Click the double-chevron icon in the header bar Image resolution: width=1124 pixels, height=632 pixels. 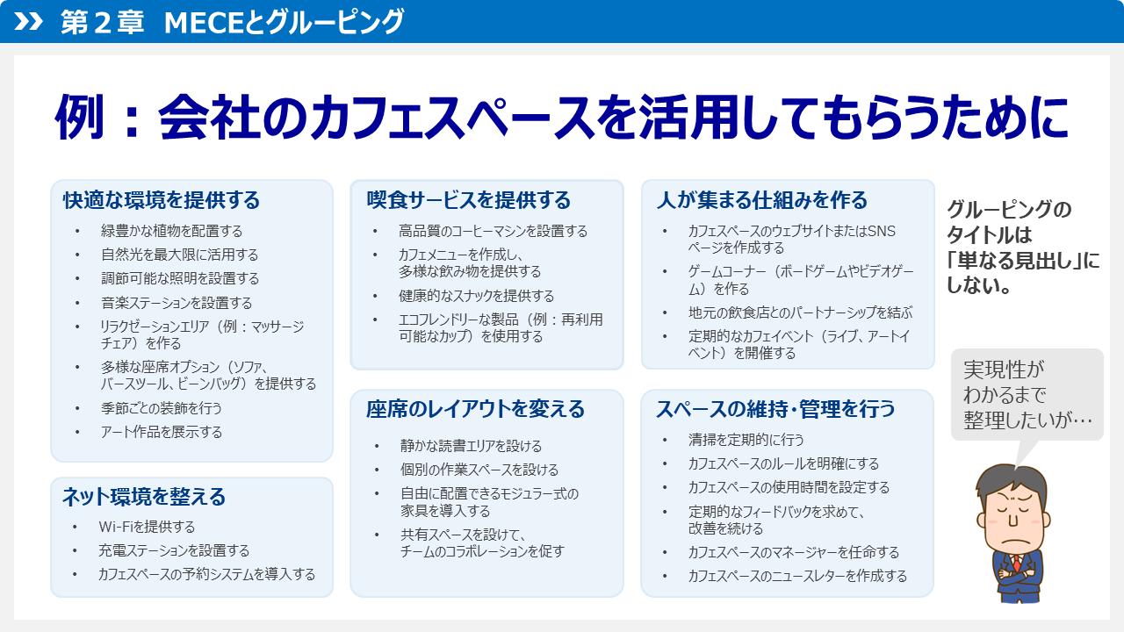(x=29, y=21)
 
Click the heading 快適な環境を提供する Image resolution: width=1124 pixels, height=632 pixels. (x=162, y=200)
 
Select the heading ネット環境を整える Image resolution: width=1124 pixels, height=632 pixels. (x=144, y=497)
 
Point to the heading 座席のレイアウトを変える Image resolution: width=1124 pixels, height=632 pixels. (x=475, y=409)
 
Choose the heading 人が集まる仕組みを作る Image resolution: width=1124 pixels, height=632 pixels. (x=761, y=200)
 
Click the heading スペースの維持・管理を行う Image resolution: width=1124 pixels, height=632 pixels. (x=775, y=409)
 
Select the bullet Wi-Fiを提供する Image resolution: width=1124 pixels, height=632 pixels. (x=147, y=527)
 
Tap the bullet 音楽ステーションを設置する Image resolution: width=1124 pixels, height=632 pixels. (x=177, y=303)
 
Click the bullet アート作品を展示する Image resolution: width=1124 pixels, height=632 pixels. (x=162, y=432)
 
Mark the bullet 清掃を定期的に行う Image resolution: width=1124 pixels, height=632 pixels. (x=746, y=440)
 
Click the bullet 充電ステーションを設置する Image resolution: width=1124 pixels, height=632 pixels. (x=174, y=550)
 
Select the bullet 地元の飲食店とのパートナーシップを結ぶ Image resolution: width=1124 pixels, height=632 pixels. (x=800, y=312)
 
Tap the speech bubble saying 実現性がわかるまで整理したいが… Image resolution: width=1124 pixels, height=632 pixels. (x=1027, y=394)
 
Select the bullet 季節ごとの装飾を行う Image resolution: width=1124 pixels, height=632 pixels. (x=162, y=408)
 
